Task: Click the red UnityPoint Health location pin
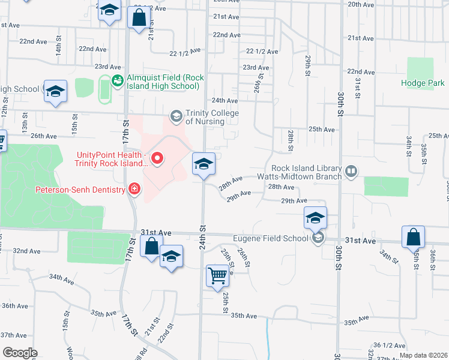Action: point(158,158)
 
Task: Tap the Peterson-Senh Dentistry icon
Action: point(134,190)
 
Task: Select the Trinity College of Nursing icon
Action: point(176,115)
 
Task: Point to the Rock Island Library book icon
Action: point(351,173)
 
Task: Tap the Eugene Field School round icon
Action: point(318,239)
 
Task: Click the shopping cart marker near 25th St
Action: point(217,276)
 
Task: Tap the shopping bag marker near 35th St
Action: point(414,237)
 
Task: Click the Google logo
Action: point(20,353)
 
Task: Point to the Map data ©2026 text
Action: point(423,355)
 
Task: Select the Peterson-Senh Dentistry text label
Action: point(83,190)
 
